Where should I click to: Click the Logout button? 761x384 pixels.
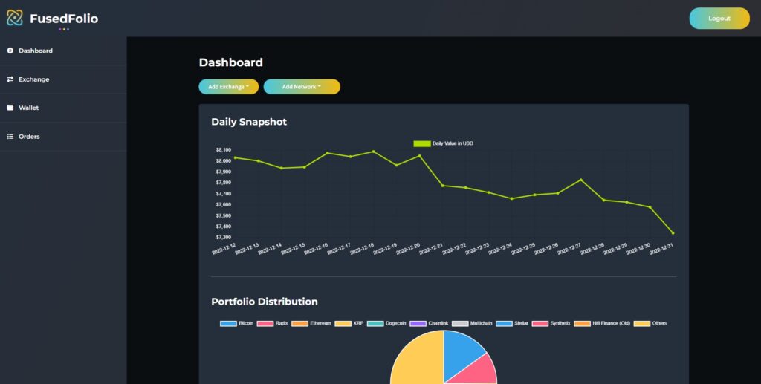[x=719, y=19]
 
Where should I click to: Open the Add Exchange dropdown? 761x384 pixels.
[x=228, y=87]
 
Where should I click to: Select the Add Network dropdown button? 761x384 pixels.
[x=301, y=87]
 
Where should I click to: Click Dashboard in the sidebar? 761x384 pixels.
[x=35, y=51]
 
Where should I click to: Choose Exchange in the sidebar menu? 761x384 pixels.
[x=33, y=79]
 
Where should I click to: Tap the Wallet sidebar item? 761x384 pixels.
[x=28, y=108]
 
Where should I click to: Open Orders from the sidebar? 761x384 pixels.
[x=29, y=137]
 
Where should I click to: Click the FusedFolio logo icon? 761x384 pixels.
[x=15, y=18]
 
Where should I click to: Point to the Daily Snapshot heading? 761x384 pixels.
[x=248, y=122]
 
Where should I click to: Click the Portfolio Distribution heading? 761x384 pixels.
[x=264, y=302]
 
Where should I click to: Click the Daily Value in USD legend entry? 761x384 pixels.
[x=444, y=143]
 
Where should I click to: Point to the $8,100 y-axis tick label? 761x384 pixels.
[x=224, y=150]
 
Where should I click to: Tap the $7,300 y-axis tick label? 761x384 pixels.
[x=224, y=237]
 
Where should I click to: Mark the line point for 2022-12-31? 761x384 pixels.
[x=673, y=233]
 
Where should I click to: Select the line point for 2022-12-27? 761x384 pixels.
[x=580, y=180]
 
